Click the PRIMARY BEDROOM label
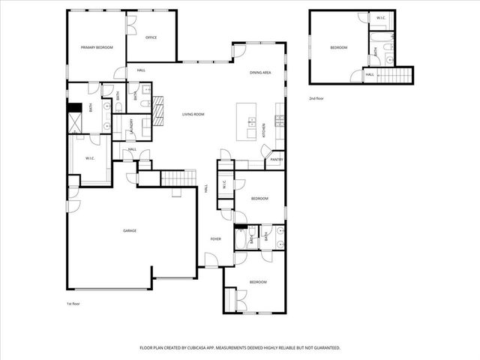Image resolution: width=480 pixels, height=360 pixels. [x=97, y=47]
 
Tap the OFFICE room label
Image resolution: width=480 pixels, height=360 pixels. [x=151, y=37]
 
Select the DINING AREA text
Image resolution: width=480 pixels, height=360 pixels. [x=260, y=72]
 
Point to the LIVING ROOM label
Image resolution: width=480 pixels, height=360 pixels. [x=193, y=114]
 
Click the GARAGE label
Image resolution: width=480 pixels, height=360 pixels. [x=130, y=231]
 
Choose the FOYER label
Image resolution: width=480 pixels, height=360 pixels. [x=215, y=238]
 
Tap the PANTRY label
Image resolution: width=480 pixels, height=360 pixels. [x=276, y=160]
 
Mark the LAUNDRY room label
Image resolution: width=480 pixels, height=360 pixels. [x=133, y=125]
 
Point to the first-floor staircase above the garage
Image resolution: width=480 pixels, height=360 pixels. [x=178, y=178]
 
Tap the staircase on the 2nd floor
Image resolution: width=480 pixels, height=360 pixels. [x=394, y=75]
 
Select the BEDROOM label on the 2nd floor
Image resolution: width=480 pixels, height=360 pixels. [x=339, y=48]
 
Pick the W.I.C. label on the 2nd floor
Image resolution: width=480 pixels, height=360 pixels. [x=381, y=18]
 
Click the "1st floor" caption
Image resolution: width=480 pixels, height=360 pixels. [x=73, y=304]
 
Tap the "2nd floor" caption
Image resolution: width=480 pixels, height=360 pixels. [x=317, y=98]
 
